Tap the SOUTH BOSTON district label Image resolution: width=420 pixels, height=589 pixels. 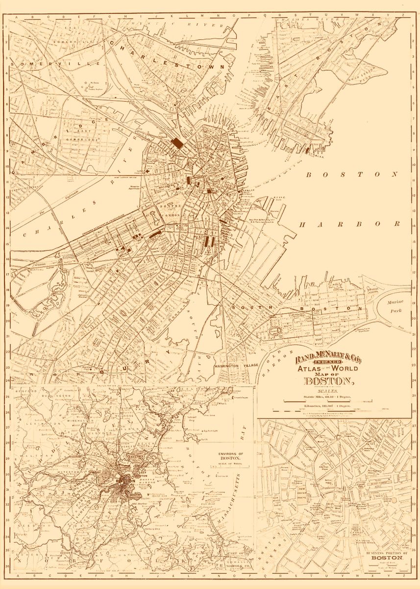[299, 308]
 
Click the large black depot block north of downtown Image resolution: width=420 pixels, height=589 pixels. [177, 143]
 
